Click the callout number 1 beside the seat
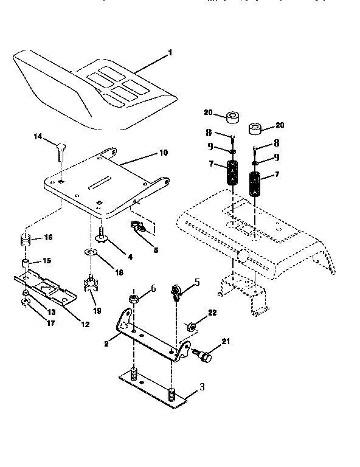click(170, 52)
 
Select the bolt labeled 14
click(60, 150)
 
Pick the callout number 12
click(85, 324)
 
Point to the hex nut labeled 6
click(133, 299)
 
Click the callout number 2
click(106, 344)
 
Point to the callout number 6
click(153, 289)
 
